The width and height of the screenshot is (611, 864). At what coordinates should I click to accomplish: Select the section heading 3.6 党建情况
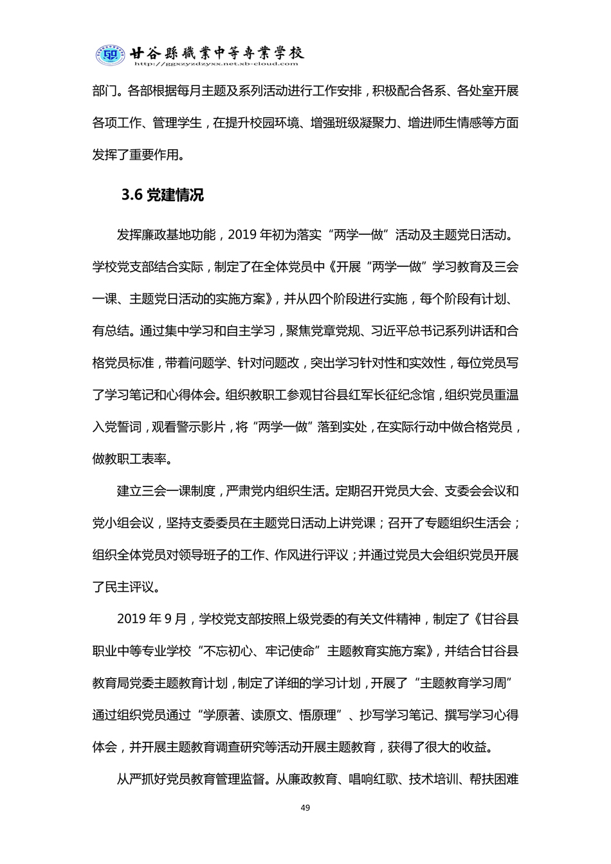[x=162, y=195]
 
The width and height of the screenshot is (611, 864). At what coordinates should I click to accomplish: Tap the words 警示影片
[x=200, y=427]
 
